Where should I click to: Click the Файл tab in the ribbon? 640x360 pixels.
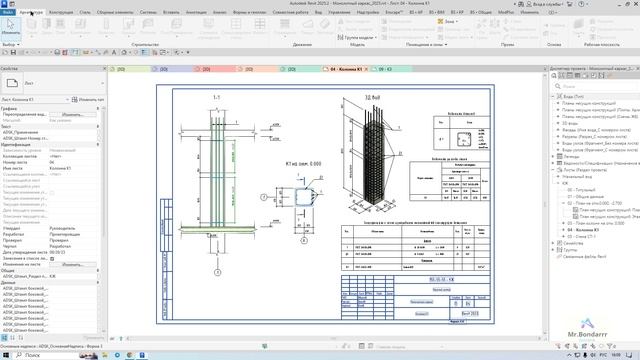coord(7,13)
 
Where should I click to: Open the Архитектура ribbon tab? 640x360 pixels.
coord(30,13)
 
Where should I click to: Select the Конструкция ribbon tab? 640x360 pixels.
coord(62,13)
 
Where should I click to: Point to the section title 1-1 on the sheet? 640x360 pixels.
coord(216,97)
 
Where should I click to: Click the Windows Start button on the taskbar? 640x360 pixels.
coord(7,354)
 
